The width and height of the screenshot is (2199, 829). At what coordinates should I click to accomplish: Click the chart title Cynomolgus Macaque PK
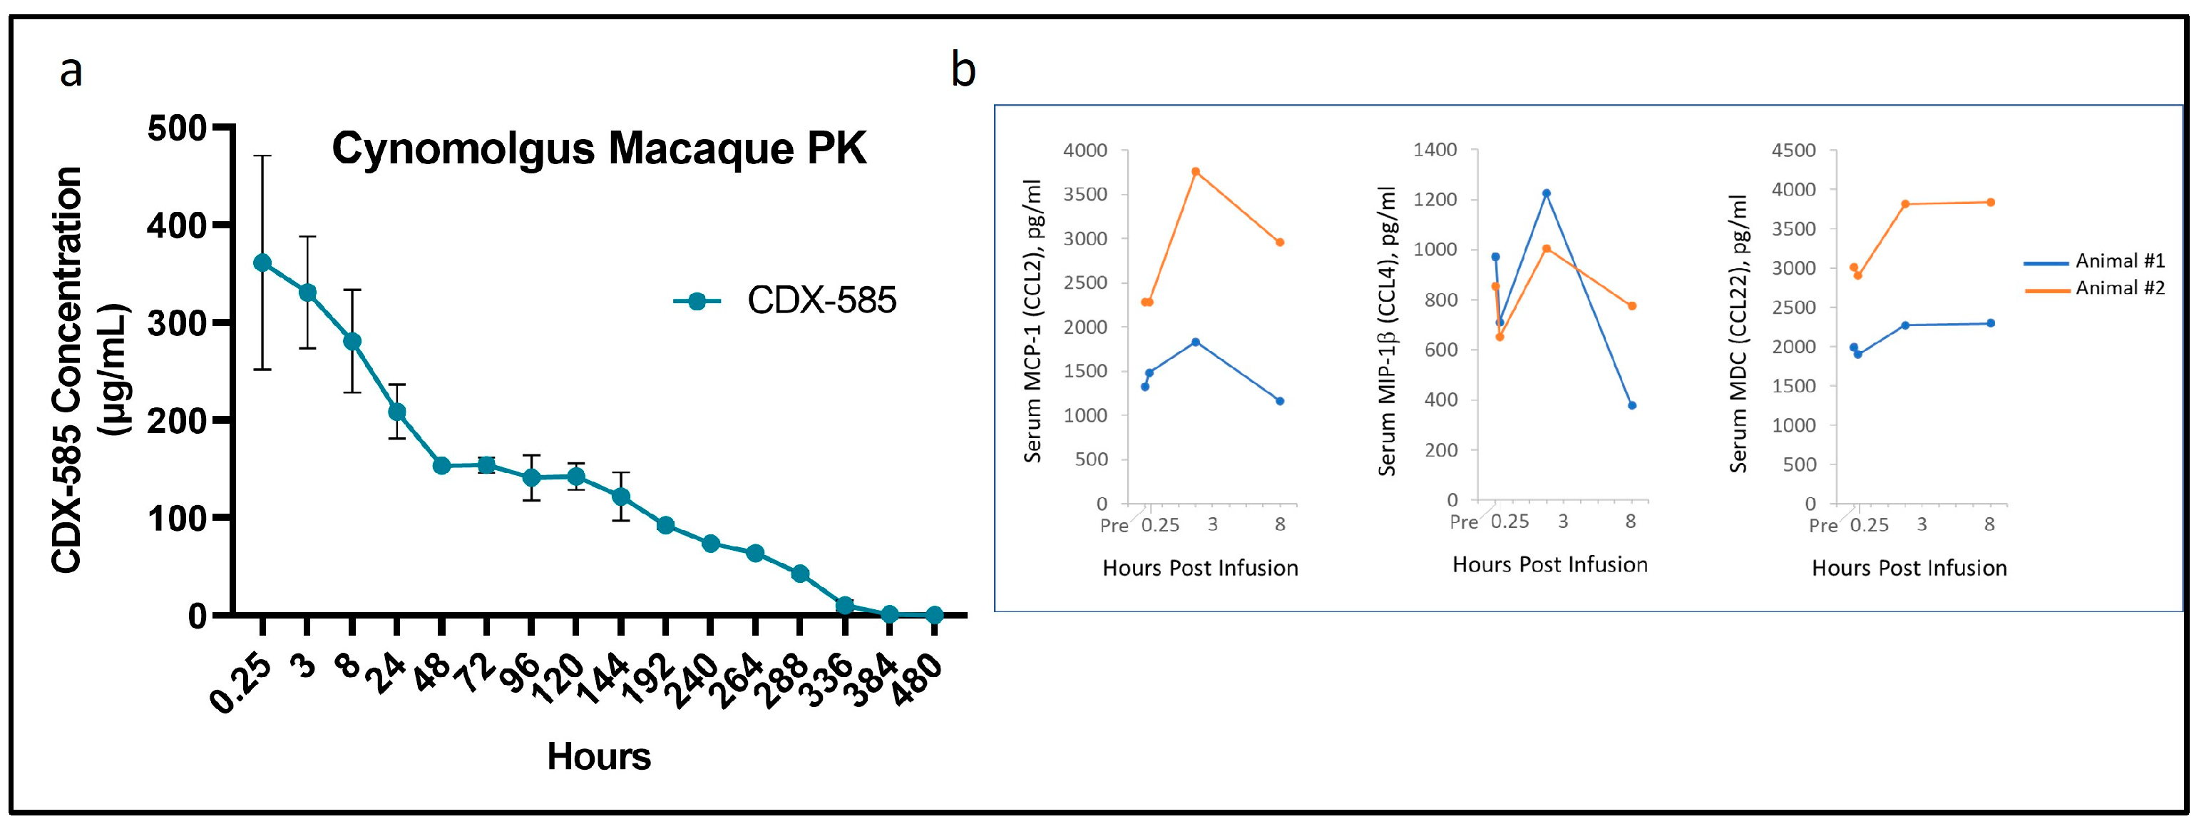coord(598,149)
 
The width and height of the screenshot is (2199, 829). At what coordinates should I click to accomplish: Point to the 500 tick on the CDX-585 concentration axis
coord(177,129)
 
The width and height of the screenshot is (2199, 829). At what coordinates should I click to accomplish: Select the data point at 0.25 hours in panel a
coord(262,263)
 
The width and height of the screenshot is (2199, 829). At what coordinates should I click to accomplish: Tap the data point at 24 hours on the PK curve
coord(397,412)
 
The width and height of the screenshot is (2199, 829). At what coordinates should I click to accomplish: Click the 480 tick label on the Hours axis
coord(918,681)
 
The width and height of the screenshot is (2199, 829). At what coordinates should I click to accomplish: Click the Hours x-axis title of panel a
coord(598,756)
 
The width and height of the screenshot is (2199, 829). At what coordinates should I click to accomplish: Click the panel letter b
coord(963,70)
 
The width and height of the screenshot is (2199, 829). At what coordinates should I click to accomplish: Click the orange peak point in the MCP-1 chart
coord(1195,172)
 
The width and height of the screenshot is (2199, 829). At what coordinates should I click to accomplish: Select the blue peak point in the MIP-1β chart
coord(1546,193)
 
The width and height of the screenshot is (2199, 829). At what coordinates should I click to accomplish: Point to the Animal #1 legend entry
coord(2118,261)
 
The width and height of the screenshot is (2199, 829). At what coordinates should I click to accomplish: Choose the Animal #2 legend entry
coord(2118,288)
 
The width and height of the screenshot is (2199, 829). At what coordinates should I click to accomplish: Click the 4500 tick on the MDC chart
coord(1793,151)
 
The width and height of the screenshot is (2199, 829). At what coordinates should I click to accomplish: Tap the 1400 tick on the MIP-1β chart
coord(1435,151)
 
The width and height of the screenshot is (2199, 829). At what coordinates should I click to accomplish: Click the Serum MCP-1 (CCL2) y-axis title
coord(1033,321)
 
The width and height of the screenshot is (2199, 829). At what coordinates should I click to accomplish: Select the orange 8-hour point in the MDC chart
coord(1991,203)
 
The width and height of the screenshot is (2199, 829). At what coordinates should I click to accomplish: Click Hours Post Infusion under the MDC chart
coord(1909,569)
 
